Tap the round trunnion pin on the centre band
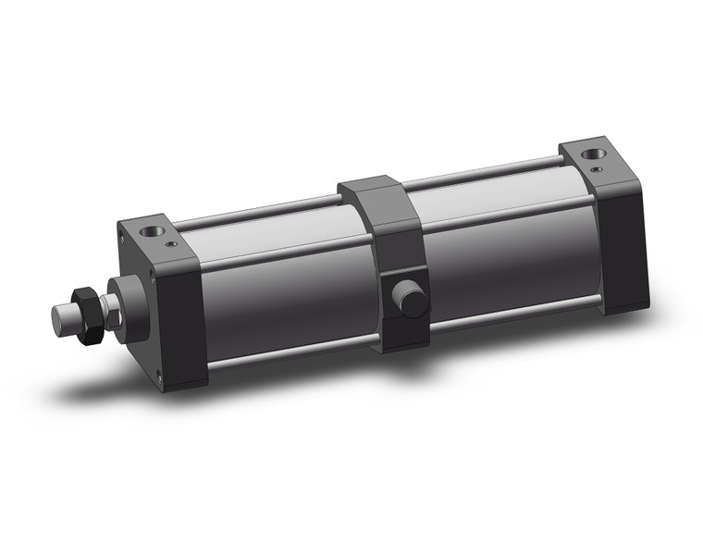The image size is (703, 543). pyautogui.click(x=408, y=299)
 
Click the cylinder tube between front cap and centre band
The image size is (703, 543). pyautogui.click(x=287, y=287)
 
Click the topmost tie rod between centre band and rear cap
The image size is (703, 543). pyautogui.click(x=481, y=171)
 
